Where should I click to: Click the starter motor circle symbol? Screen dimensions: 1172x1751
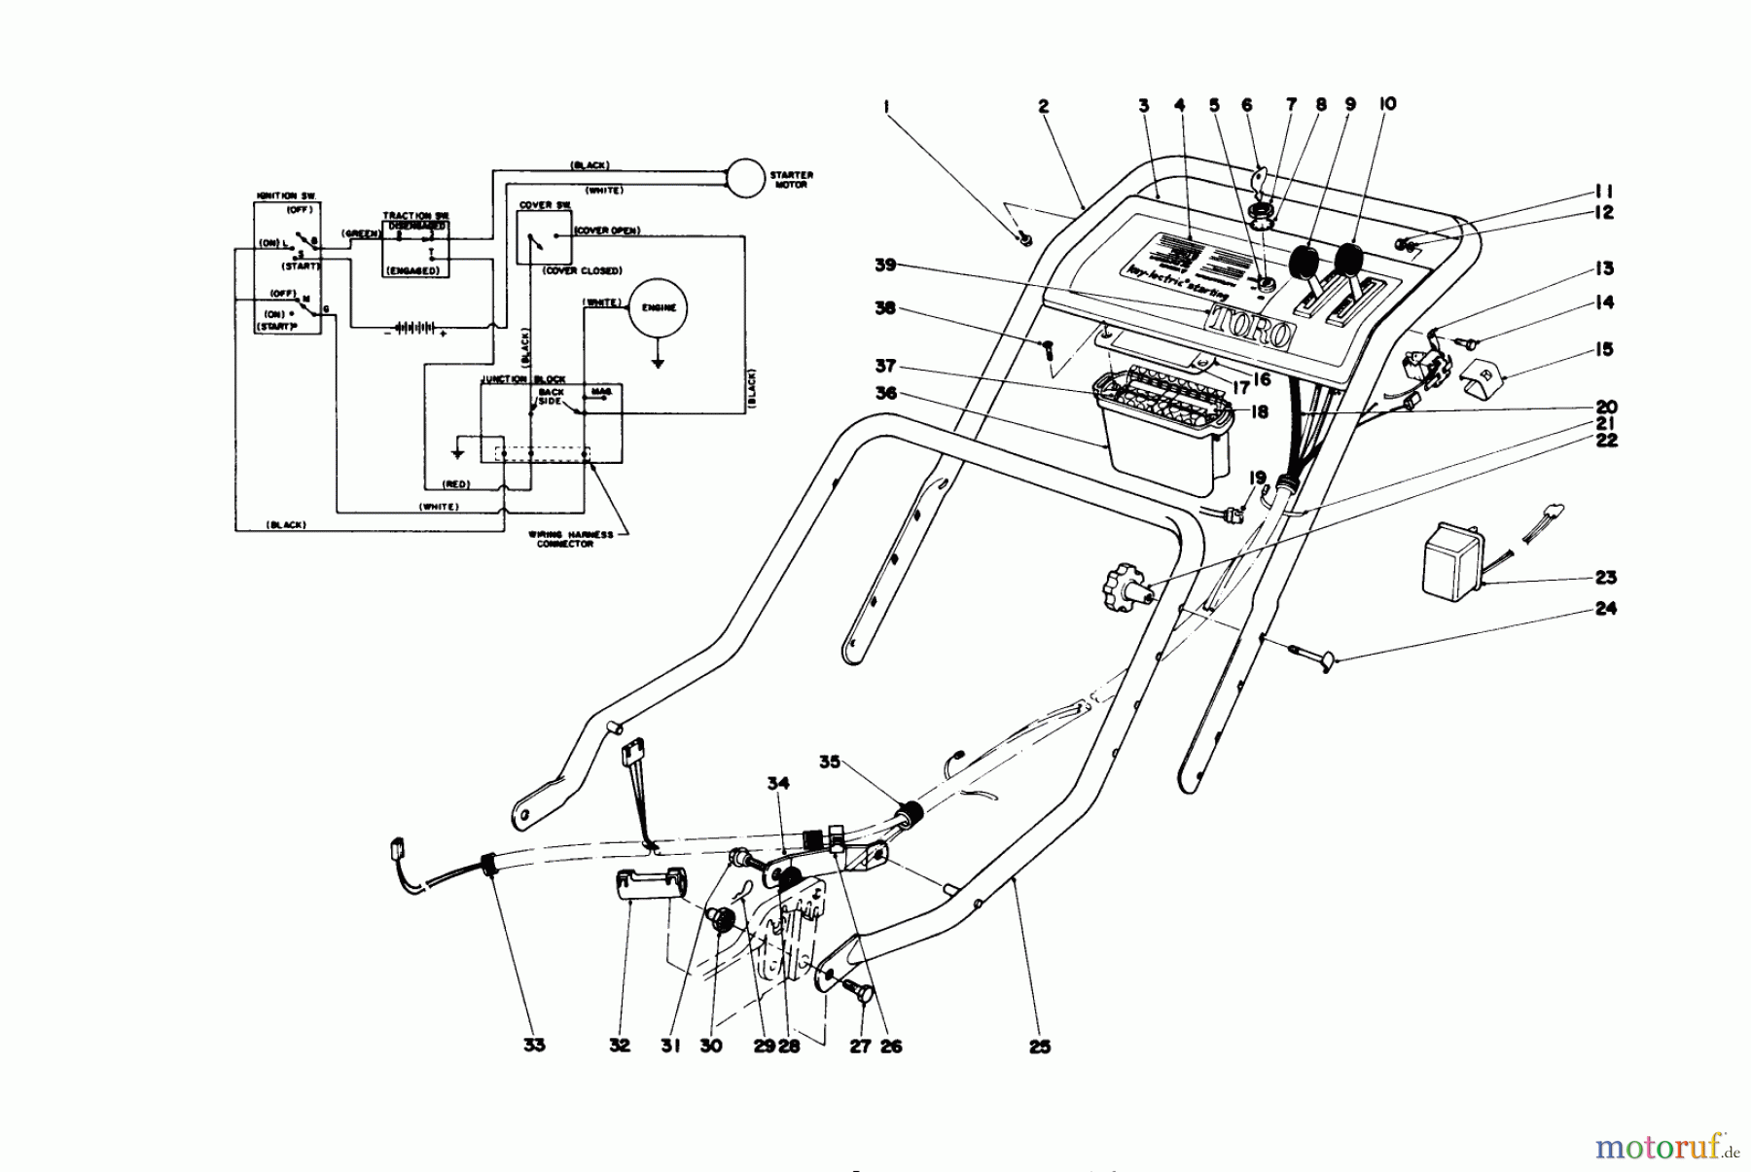(746, 178)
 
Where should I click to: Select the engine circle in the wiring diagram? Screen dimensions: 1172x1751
(658, 308)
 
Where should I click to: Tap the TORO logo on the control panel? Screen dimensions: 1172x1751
(1251, 326)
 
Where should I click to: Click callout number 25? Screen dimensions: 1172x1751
(1039, 1048)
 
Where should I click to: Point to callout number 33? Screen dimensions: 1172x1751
(534, 1046)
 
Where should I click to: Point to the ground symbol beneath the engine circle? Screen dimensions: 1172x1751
(658, 363)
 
